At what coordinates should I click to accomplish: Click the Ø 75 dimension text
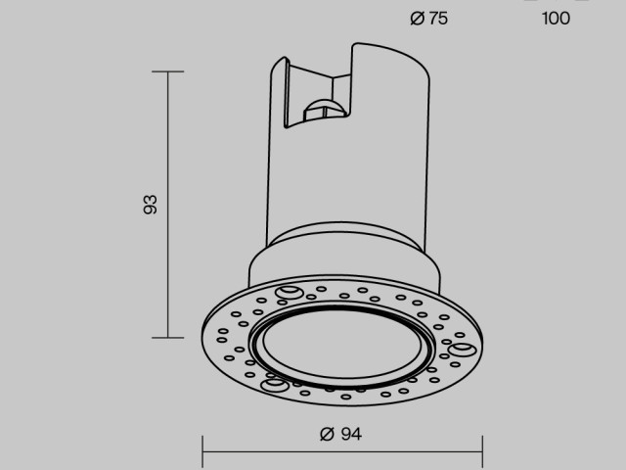tap(429, 18)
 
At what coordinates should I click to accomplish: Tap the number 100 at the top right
tap(556, 18)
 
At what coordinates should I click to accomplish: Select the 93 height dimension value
tap(150, 205)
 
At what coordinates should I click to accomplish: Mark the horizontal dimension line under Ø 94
tap(342, 451)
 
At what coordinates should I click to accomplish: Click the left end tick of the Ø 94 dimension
tap(202, 451)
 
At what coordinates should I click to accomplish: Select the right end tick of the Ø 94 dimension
tap(483, 451)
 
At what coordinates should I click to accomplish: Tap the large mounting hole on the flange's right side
tap(462, 349)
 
